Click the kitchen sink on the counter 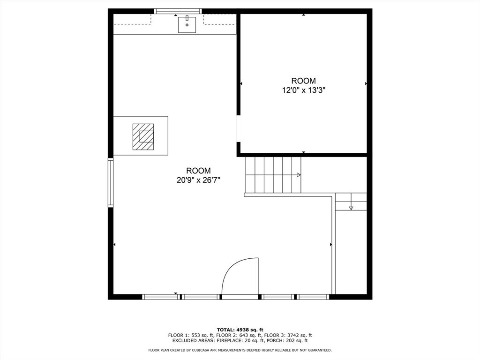pyautogui.click(x=187, y=24)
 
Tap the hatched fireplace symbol pyautogui.click(x=143, y=136)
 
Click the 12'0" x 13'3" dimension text pyautogui.click(x=303, y=90)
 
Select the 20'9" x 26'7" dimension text pyautogui.click(x=198, y=180)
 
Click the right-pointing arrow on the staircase pyautogui.click(x=298, y=175)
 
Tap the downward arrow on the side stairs pyautogui.click(x=351, y=207)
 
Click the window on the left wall pyautogui.click(x=111, y=183)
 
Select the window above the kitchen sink pyautogui.click(x=178, y=11)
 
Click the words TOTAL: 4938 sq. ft pyautogui.click(x=240, y=330)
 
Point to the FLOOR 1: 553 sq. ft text pyautogui.click(x=190, y=335)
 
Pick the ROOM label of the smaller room pyautogui.click(x=303, y=81)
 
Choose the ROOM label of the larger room pyautogui.click(x=198, y=171)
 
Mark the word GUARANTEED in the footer pyautogui.click(x=319, y=350)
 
